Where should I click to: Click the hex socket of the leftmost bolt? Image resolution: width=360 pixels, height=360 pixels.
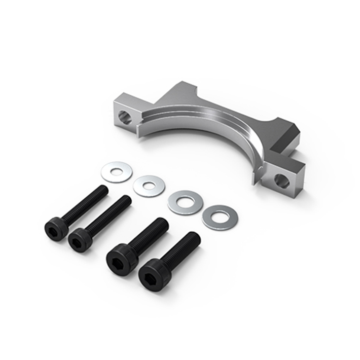tap(54, 230)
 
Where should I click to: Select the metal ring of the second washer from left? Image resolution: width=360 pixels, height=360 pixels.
tap(139, 186)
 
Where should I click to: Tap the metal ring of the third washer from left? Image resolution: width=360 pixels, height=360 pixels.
tap(176, 203)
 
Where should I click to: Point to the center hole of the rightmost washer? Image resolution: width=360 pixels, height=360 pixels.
tap(220, 216)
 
